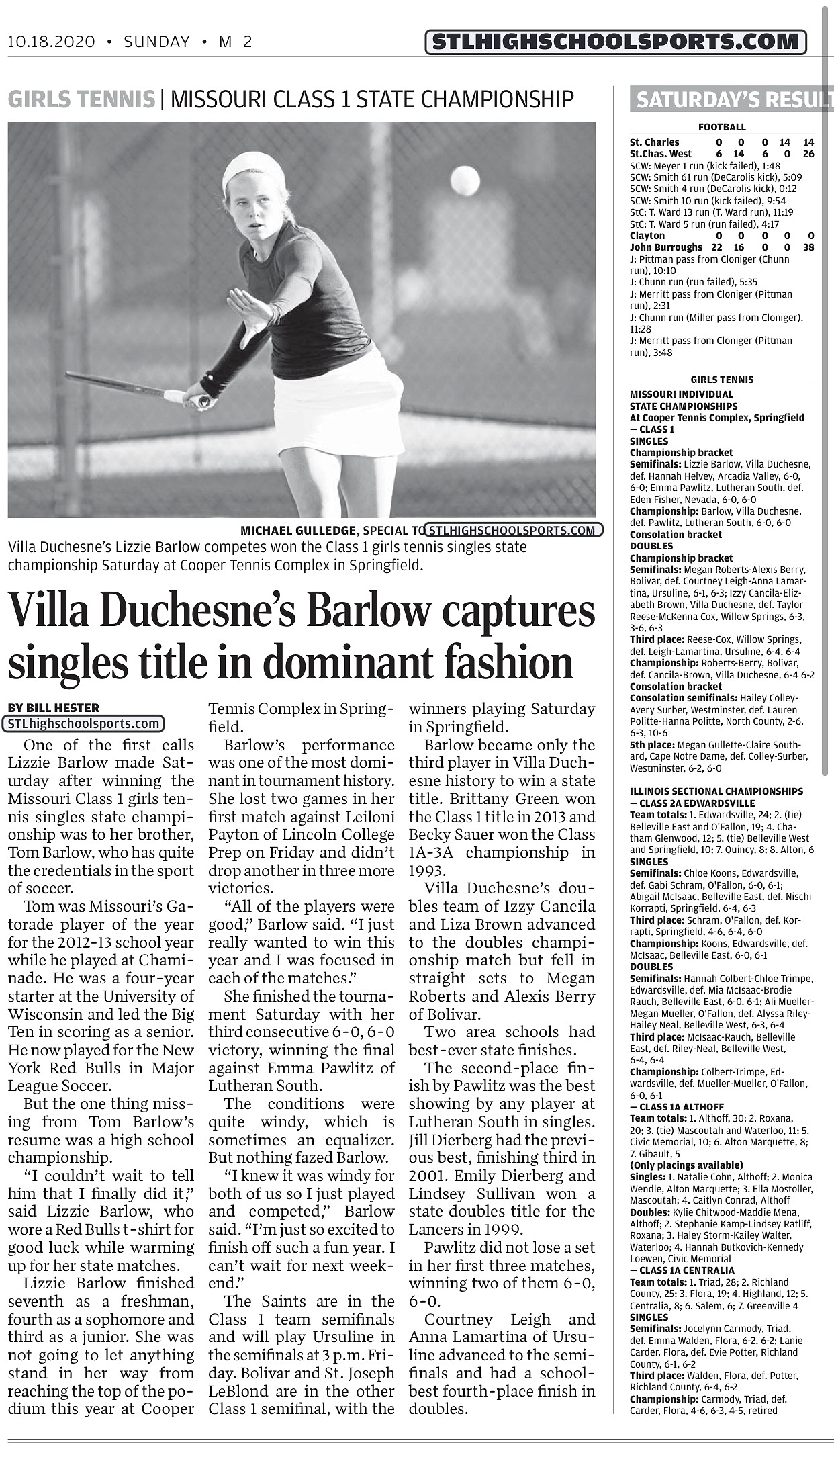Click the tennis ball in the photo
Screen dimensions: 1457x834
pos(465,180)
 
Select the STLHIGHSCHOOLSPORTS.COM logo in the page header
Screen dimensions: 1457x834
pos(615,42)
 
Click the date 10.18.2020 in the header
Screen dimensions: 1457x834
pos(51,42)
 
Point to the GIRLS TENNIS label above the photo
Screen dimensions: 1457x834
pos(81,99)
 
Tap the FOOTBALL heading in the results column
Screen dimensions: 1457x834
pos(722,127)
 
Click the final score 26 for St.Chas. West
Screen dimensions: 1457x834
pos(808,154)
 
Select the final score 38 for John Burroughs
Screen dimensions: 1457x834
pos(808,247)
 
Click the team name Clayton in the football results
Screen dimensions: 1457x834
pos(647,236)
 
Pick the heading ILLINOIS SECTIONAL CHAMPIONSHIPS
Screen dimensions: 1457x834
pos(716,791)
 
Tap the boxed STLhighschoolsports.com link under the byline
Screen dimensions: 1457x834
pos(84,724)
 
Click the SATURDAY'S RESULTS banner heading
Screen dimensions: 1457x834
pos(732,100)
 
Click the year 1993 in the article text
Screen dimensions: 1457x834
pos(426,871)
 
